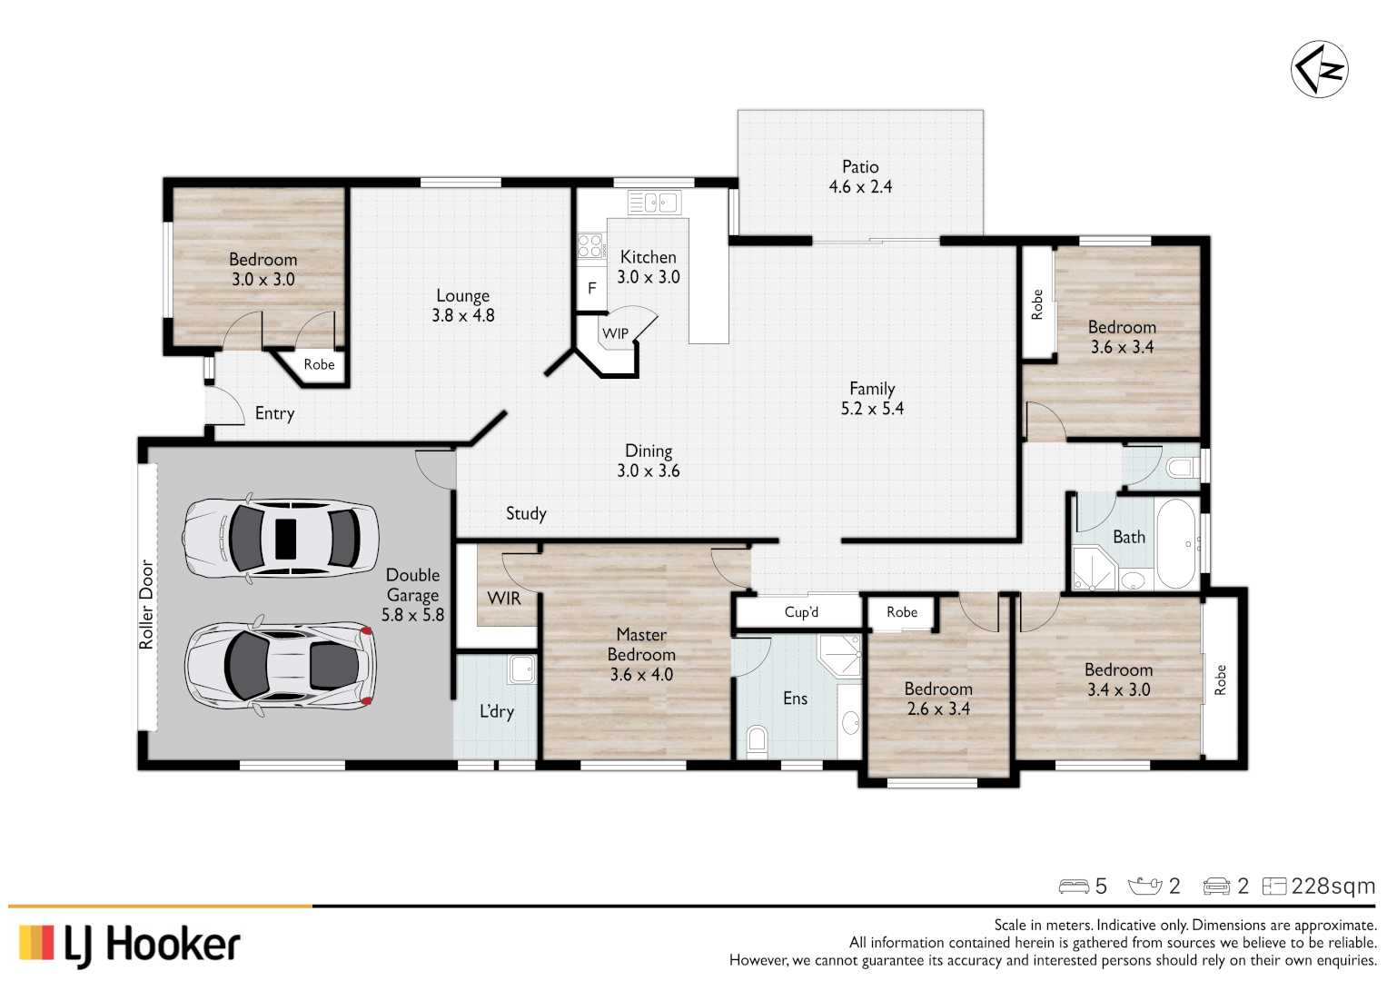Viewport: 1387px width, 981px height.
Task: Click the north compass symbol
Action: (x=1319, y=69)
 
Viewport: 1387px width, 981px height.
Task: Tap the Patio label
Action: (x=859, y=167)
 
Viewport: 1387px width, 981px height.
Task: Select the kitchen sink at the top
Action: (x=653, y=202)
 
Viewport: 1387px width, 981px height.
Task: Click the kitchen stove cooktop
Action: (x=589, y=245)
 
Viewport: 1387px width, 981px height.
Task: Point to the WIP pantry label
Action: (x=616, y=333)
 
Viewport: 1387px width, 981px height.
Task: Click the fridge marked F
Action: (x=591, y=289)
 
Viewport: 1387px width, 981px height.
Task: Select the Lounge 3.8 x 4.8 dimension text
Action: (x=463, y=316)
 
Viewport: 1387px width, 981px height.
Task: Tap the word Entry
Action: (x=274, y=413)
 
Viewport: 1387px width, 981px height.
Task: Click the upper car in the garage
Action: (x=281, y=539)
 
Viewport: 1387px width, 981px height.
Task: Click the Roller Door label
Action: (x=146, y=604)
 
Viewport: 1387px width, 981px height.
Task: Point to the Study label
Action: (x=526, y=513)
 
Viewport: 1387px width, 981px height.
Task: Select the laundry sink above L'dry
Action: (x=521, y=669)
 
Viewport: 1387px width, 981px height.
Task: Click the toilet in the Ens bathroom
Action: (x=757, y=740)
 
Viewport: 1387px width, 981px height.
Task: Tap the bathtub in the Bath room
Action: (x=1177, y=544)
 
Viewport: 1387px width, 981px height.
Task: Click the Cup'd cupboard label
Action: (x=801, y=612)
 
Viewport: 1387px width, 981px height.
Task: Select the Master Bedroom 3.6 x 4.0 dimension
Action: (x=641, y=675)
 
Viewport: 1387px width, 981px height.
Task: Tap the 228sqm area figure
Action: (x=1333, y=886)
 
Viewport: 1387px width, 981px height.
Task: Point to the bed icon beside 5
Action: (x=1074, y=886)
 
